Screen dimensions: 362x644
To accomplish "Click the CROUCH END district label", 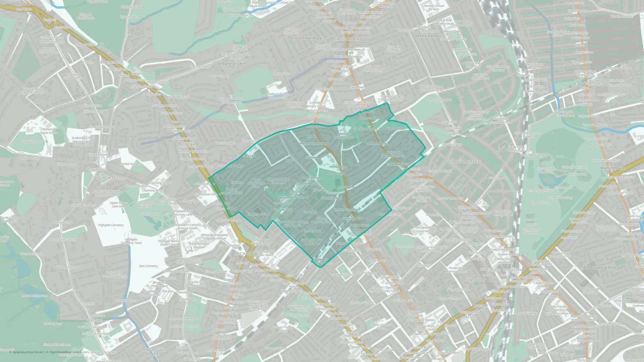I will (x=348, y=39).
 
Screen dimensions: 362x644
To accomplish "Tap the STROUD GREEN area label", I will (x=464, y=162).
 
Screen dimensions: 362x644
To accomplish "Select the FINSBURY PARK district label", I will (x=482, y=280).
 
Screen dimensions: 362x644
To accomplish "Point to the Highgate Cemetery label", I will (x=111, y=225).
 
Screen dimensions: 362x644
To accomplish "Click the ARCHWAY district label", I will (x=244, y=254).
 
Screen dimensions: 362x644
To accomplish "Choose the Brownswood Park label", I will (x=600, y=267).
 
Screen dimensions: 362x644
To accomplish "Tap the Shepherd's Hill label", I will (x=232, y=64).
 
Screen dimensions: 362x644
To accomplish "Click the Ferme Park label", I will (x=426, y=36).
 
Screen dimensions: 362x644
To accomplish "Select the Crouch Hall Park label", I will (x=306, y=38).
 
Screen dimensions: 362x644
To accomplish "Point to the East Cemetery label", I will (x=148, y=266).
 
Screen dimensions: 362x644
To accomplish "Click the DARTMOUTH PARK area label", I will (x=154, y=352).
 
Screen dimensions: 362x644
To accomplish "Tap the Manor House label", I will (x=612, y=168).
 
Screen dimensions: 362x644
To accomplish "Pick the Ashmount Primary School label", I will (x=344, y=135).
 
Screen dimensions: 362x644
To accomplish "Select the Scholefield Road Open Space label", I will (x=312, y=242).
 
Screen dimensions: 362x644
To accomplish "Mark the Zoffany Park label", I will (x=312, y=231).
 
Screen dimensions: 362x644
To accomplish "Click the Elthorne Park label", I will (x=322, y=190).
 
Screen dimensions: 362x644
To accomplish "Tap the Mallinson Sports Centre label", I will (x=49, y=131).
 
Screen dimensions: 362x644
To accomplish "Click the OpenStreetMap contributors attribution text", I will (x=69, y=352).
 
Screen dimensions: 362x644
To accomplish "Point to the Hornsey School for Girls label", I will (x=433, y=7).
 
